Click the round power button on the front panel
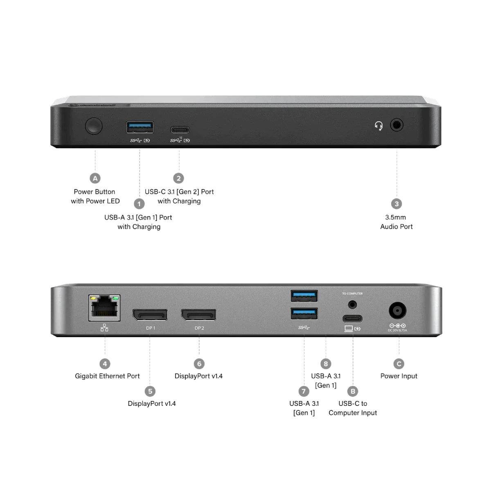(x=94, y=126)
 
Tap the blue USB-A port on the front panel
(x=140, y=127)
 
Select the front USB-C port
(x=180, y=131)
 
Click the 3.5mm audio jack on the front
(x=396, y=125)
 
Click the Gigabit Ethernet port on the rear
(x=105, y=308)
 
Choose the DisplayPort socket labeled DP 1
(x=150, y=315)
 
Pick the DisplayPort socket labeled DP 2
(x=198, y=315)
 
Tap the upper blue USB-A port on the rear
(x=304, y=295)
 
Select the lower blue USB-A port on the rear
(x=304, y=314)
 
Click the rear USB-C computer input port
(x=352, y=318)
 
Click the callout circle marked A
(x=95, y=178)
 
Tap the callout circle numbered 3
(x=396, y=204)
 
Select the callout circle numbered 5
(x=150, y=391)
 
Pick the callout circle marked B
(x=353, y=391)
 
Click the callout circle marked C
(x=399, y=364)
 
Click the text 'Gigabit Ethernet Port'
(x=107, y=376)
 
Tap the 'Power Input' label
(x=399, y=376)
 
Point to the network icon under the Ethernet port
(x=105, y=327)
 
